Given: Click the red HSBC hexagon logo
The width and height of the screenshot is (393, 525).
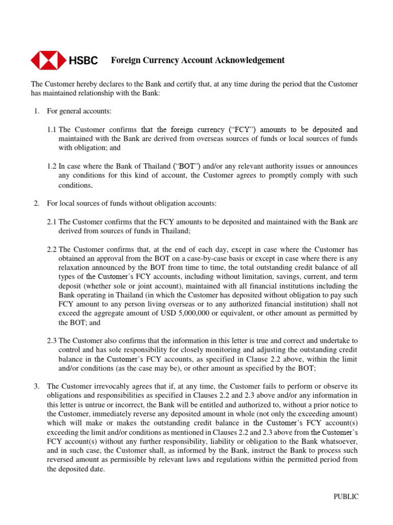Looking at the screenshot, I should (49, 60).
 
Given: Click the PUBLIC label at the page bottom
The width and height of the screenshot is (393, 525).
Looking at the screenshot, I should (346, 496).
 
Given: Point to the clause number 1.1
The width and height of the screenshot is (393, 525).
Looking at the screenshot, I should (52, 130).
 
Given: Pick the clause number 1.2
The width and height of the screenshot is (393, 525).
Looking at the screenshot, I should (52, 167).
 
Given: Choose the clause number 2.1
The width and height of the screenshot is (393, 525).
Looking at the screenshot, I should (52, 222).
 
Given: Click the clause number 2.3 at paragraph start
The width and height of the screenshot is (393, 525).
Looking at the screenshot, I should (52, 340).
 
